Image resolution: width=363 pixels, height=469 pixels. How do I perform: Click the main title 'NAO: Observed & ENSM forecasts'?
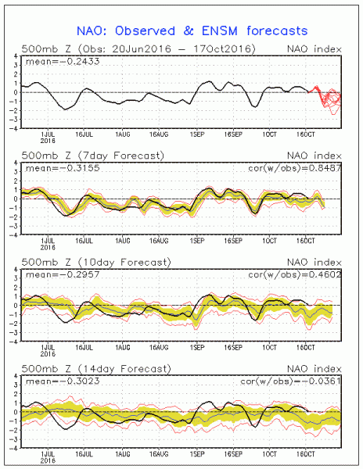tap(192, 30)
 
